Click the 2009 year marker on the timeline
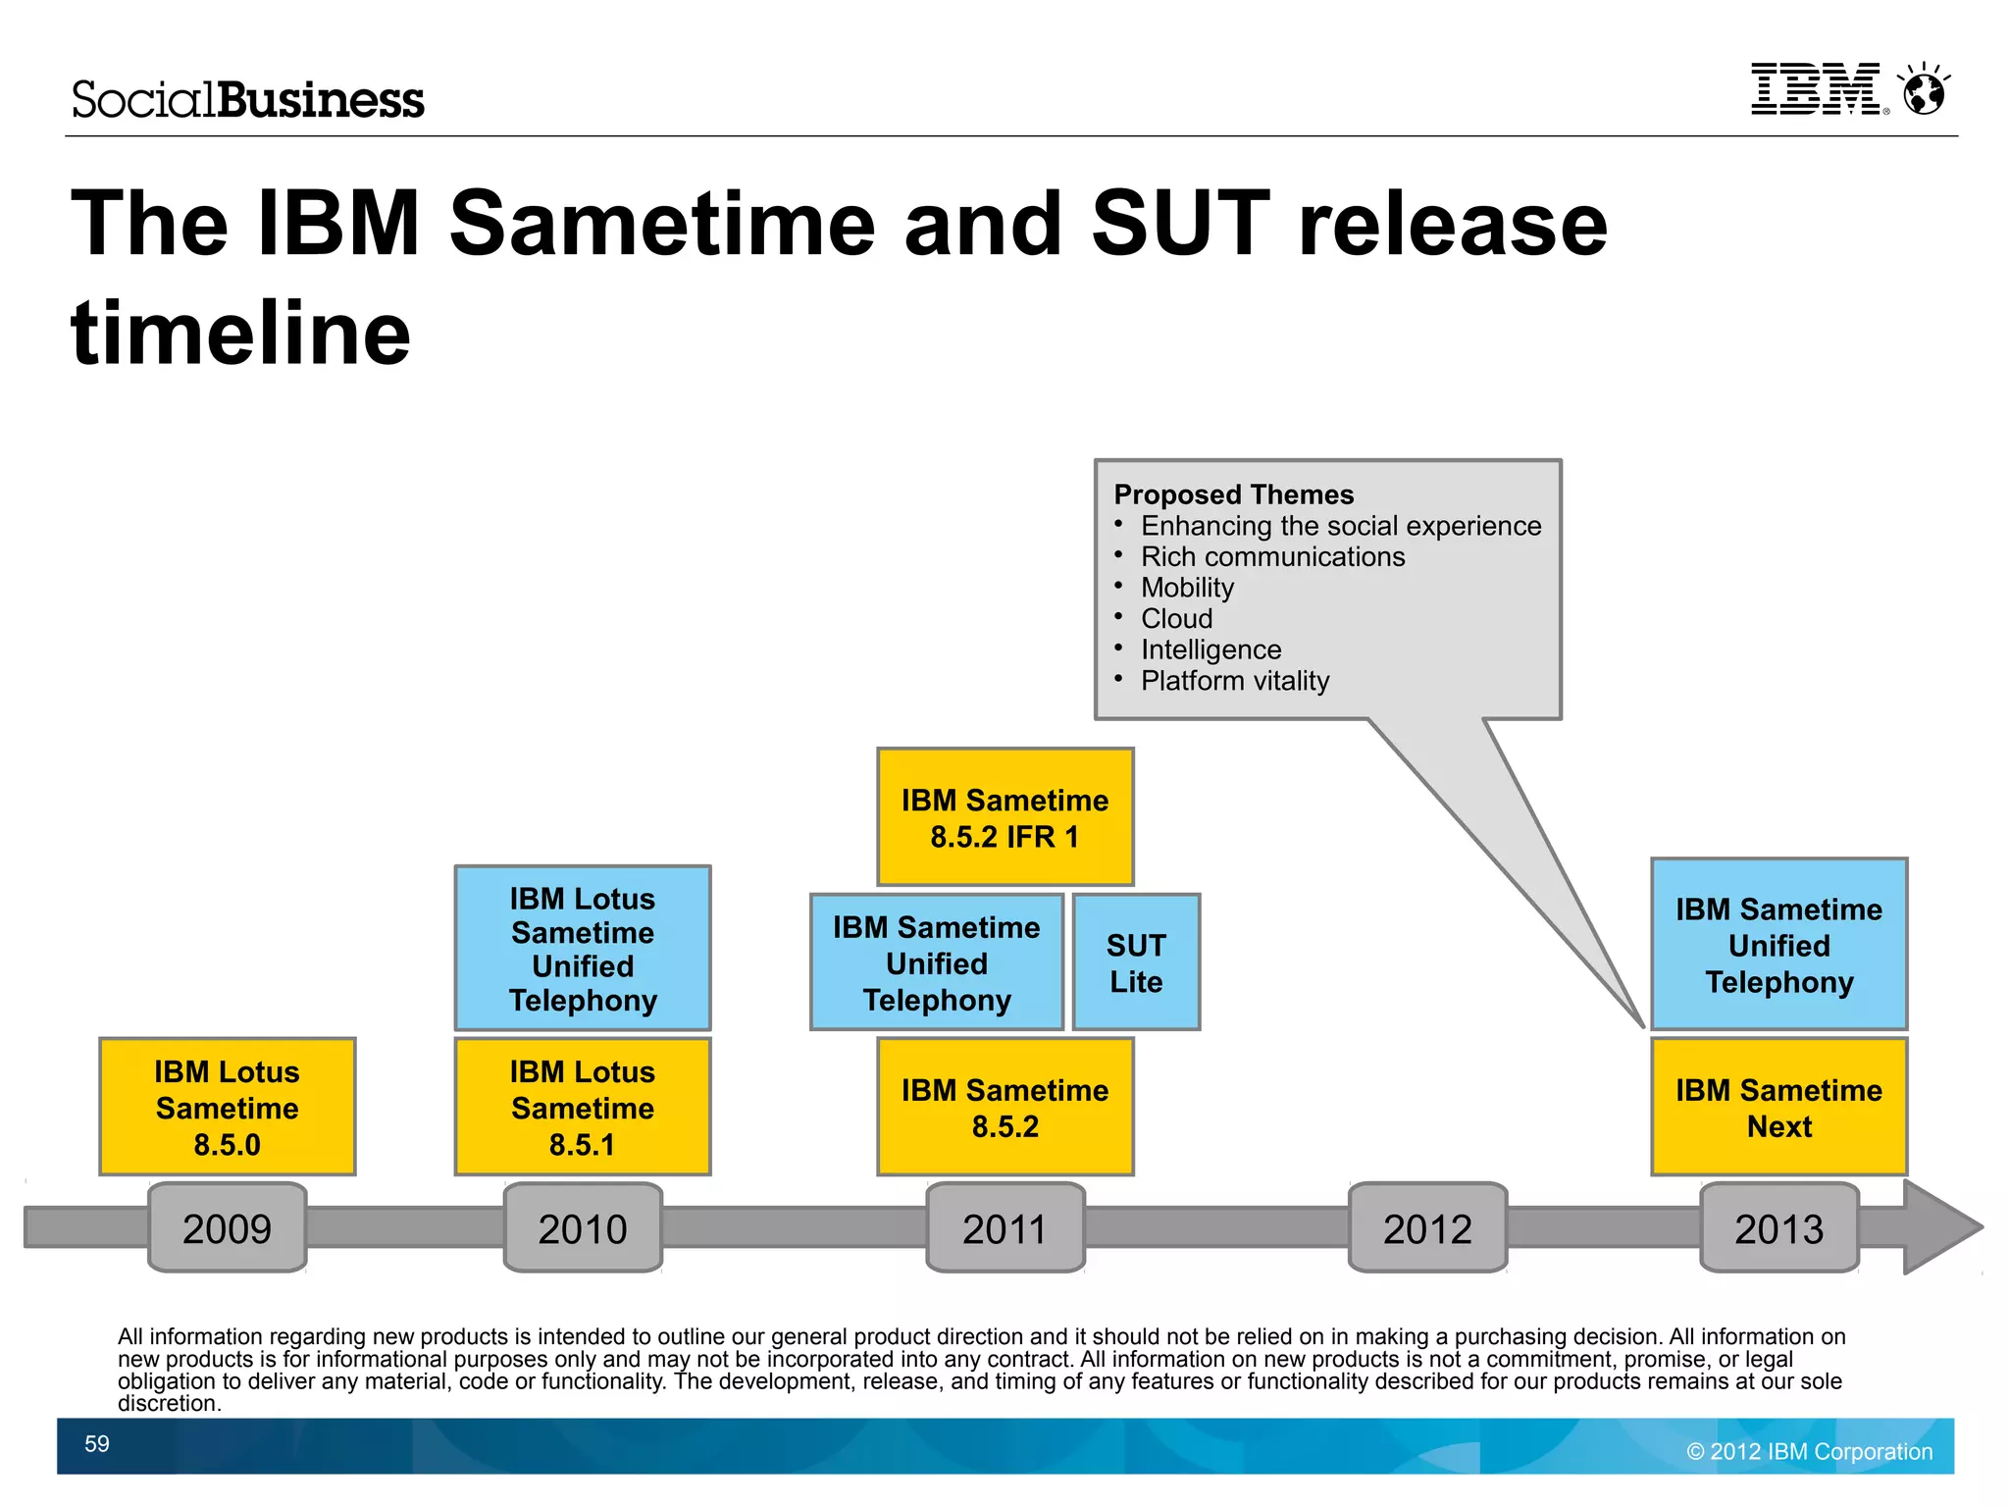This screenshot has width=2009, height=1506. (227, 1227)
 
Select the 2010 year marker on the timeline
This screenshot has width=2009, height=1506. (583, 1227)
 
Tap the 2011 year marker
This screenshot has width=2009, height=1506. (1005, 1227)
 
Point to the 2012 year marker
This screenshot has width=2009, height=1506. (1427, 1227)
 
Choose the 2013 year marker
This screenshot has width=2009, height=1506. (1778, 1227)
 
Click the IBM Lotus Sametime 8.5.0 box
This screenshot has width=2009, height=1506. (227, 1107)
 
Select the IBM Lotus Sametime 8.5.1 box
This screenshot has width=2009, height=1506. (583, 1107)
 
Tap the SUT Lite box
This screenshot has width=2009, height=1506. (1136, 962)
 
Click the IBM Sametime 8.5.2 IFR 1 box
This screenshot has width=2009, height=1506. (1005, 817)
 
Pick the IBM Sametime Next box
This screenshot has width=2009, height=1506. (1778, 1107)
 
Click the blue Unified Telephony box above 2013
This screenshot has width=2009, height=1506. (1778, 945)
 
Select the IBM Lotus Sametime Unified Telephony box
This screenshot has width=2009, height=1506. (583, 948)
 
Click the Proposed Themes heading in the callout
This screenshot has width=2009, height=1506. (1233, 494)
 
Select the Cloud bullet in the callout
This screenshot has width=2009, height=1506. (1176, 619)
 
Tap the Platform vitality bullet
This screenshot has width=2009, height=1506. (1234, 681)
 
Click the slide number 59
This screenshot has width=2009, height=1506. (97, 1444)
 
